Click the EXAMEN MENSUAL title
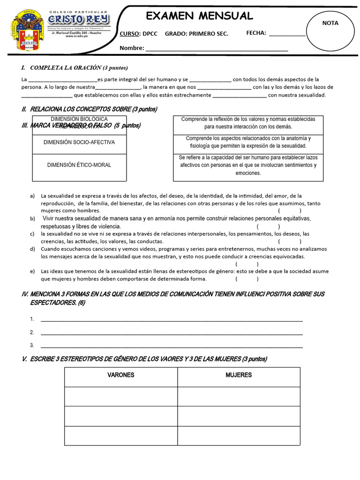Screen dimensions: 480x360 pyautogui.click(x=200, y=16)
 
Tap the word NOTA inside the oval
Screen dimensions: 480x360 pyautogui.click(x=330, y=23)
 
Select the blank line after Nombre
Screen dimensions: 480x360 pyautogui.click(x=217, y=48)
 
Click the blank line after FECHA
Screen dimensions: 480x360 pyautogui.click(x=287, y=33)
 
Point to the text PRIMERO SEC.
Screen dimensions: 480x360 pyautogui.click(x=208, y=33)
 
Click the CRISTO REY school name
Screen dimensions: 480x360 pyautogui.click(x=78, y=19)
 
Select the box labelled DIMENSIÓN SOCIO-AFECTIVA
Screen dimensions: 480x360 pyautogui.click(x=79, y=142)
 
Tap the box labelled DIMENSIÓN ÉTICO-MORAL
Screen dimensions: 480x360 pyautogui.click(x=79, y=165)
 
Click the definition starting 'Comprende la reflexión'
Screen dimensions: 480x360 pyautogui.click(x=248, y=123)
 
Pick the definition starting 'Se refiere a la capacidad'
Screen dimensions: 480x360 pyautogui.click(x=248, y=165)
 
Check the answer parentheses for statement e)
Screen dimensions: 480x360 pyautogui.click(x=247, y=279)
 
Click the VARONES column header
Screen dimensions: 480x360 pyautogui.click(x=121, y=375)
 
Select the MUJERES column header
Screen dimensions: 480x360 pyautogui.click(x=239, y=375)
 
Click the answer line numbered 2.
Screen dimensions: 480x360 pyautogui.click(x=172, y=333)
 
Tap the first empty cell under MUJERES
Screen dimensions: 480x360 pyautogui.click(x=239, y=397)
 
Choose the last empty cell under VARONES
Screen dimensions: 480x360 pyautogui.click(x=121, y=435)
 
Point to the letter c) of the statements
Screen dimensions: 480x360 pyautogui.click(x=32, y=234)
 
